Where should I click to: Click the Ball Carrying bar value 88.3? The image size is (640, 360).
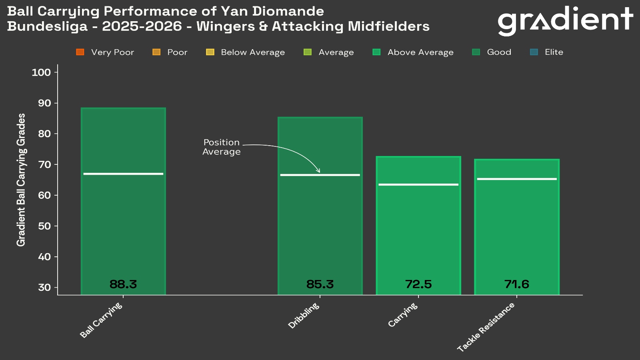pyautogui.click(x=123, y=284)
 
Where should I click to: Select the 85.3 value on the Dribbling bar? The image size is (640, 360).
pyautogui.click(x=320, y=284)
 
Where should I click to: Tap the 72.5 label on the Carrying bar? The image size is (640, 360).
pyautogui.click(x=418, y=284)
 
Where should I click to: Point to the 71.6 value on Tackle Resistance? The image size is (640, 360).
pyautogui.click(x=517, y=284)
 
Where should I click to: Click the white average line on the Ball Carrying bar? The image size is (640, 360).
pyautogui.click(x=123, y=174)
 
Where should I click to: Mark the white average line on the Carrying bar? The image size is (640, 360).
pyautogui.click(x=418, y=184)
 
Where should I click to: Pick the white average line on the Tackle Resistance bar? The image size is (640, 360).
pyautogui.click(x=517, y=179)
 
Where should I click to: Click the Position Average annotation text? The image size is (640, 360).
pyautogui.click(x=221, y=147)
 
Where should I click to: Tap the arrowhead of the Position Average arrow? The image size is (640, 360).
pyautogui.click(x=318, y=171)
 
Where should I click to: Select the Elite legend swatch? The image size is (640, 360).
pyautogui.click(x=534, y=52)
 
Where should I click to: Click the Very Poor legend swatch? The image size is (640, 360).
pyautogui.click(x=80, y=52)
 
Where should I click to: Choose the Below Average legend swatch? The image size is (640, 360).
pyautogui.click(x=210, y=52)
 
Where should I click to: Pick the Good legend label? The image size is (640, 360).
pyautogui.click(x=499, y=52)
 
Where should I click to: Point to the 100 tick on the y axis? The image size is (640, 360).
pyautogui.click(x=41, y=72)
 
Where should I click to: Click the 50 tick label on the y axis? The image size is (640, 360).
pyautogui.click(x=44, y=226)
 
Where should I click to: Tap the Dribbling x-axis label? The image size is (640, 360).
pyautogui.click(x=304, y=316)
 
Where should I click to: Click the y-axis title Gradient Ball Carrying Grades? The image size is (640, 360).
pyautogui.click(x=21, y=180)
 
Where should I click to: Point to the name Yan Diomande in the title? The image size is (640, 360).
pyautogui.click(x=272, y=11)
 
